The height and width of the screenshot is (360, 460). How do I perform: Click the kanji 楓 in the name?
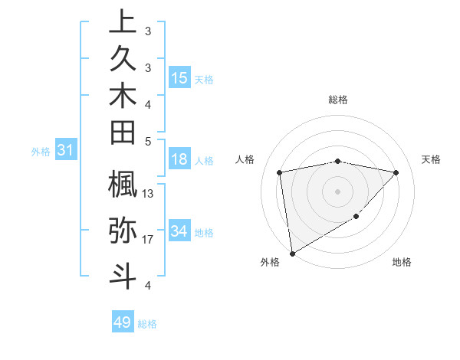click(123, 185)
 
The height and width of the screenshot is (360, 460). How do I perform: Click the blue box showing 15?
click(179, 78)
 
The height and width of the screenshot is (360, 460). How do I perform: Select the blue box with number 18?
click(179, 159)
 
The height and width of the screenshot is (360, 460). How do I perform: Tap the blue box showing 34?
click(179, 231)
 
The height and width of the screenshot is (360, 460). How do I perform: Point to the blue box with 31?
click(66, 151)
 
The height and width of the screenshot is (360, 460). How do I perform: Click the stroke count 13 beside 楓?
click(148, 194)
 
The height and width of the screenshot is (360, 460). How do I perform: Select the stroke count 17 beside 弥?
click(148, 240)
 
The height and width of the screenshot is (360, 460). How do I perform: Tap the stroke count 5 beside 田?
click(148, 141)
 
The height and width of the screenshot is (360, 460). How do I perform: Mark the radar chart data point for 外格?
click(292, 253)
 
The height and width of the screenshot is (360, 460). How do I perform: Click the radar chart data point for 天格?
click(396, 172)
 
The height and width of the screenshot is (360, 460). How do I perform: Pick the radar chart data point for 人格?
click(280, 172)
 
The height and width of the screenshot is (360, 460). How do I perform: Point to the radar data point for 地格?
click(356, 217)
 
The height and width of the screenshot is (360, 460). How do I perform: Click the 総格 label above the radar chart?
click(338, 100)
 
